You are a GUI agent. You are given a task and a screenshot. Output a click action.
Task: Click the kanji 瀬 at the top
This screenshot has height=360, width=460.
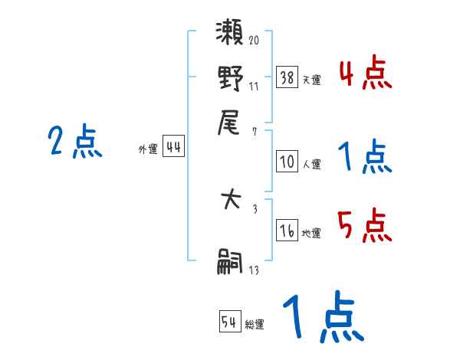point(230,34)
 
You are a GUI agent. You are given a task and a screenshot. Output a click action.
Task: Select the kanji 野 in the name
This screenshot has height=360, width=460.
point(230,79)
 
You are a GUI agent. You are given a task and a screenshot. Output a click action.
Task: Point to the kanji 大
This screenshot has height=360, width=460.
point(230,204)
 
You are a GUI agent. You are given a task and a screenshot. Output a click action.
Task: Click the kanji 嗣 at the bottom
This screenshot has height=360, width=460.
point(230,263)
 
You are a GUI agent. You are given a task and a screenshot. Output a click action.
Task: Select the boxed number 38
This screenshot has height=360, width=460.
point(287,77)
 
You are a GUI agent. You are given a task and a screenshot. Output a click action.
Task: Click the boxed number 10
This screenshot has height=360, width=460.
point(287,162)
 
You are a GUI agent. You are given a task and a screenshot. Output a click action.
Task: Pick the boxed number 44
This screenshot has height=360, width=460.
point(174,148)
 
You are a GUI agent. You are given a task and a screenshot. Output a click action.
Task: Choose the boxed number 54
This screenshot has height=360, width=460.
point(228,322)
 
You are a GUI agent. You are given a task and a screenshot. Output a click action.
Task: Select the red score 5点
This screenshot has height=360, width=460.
point(364,226)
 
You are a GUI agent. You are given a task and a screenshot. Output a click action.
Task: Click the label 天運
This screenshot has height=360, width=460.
point(311,80)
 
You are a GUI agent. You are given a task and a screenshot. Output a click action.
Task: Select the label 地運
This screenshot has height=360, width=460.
point(311,234)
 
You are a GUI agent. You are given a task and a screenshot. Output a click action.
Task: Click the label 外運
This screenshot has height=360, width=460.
point(148,150)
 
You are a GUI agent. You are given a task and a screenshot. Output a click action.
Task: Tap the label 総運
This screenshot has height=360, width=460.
point(255,325)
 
